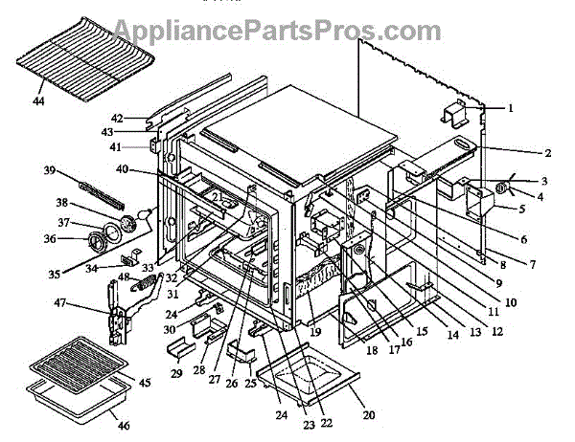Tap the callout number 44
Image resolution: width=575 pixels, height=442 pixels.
[x=37, y=99]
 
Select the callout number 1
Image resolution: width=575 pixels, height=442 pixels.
[x=512, y=108]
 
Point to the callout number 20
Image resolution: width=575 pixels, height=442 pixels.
[x=369, y=415]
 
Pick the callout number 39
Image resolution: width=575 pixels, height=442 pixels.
[x=49, y=170]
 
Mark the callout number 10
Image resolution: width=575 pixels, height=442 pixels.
[x=510, y=302]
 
